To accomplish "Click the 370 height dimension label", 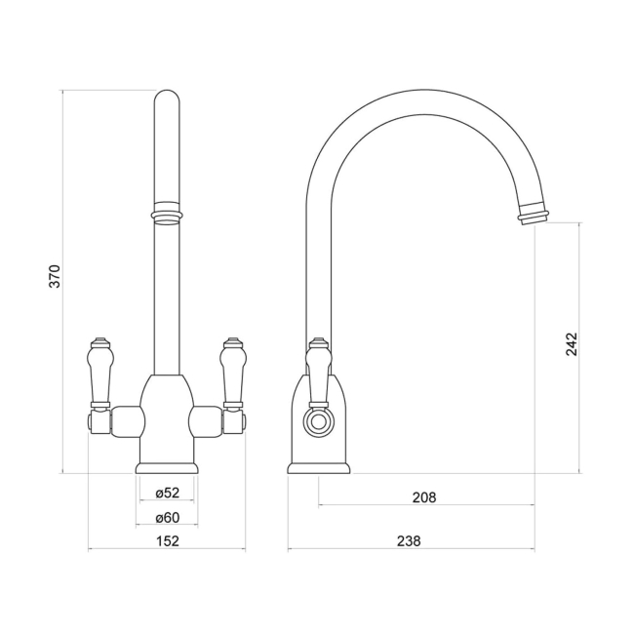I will point(56,276).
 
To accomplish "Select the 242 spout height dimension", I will point(572,344).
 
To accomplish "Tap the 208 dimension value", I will point(423,497).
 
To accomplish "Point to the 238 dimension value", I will point(410,541).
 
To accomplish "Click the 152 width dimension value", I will point(168,541).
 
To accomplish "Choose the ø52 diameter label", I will point(168,493).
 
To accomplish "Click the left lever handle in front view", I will point(99,373).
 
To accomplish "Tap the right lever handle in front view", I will point(232,373).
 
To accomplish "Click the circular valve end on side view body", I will point(316,422).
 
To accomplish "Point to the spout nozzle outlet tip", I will point(534,214).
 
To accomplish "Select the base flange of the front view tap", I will point(167,468).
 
